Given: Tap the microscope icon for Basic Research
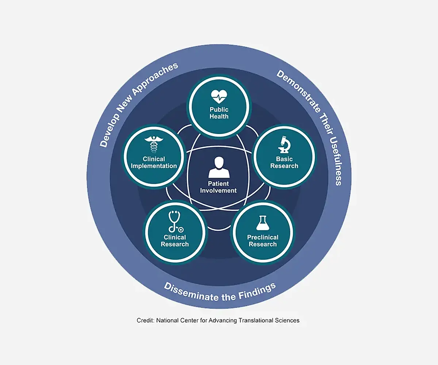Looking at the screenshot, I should (x=284, y=145).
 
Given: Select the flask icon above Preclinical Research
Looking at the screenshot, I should (x=263, y=223).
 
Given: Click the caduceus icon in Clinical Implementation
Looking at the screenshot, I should (x=154, y=145).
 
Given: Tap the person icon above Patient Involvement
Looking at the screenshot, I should (x=219, y=168).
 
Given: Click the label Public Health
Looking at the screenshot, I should (x=219, y=113).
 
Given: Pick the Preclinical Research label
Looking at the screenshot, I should (x=263, y=241).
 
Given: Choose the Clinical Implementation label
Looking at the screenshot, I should (x=154, y=162).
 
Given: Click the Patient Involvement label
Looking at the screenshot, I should (x=218, y=187).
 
